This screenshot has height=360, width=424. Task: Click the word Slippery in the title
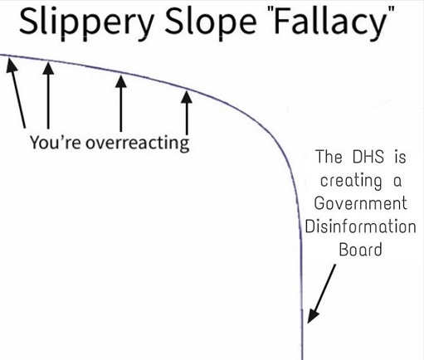coord(86,23)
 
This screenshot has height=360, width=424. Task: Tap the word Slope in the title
coord(211,23)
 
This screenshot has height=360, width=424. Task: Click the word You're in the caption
coord(56,143)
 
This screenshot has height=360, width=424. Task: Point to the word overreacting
coord(138,144)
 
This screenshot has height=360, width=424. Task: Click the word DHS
coord(368,156)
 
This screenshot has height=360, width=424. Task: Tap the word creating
coord(351,181)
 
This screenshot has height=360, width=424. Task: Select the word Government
coord(360,203)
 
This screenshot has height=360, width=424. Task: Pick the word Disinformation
coord(360,226)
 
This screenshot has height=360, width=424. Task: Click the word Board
coord(360,250)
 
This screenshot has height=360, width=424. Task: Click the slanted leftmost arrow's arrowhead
coord(12,66)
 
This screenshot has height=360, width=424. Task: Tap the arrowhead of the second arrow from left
coord(48,68)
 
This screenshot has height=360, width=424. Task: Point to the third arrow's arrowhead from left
coord(121,81)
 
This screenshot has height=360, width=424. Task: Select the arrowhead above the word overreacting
coord(187,97)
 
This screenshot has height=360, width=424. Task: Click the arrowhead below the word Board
coord(313,316)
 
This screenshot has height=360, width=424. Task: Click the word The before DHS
coord(329,157)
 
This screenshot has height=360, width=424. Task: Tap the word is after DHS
coord(400,157)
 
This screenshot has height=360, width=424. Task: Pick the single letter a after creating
coord(397,182)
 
